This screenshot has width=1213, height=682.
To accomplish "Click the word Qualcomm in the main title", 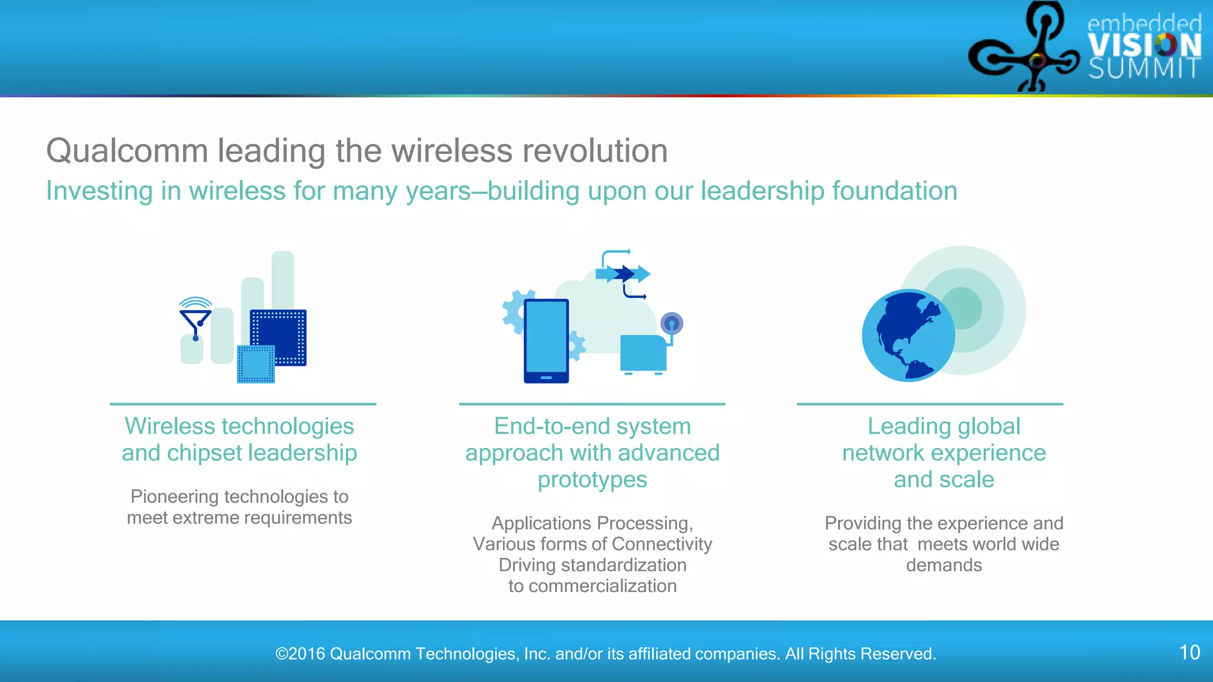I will pyautogui.click(x=127, y=151).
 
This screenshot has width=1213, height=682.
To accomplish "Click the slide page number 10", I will pyautogui.click(x=1189, y=652).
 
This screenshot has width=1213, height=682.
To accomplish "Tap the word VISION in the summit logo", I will pyautogui.click(x=1144, y=46).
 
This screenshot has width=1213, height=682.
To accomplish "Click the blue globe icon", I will pyautogui.click(x=907, y=336).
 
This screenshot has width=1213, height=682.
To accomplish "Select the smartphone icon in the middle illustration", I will pyautogui.click(x=545, y=340).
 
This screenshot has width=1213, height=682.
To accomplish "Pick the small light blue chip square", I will pyautogui.click(x=256, y=364).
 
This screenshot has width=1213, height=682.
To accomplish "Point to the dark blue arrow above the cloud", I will pyautogui.click(x=624, y=274).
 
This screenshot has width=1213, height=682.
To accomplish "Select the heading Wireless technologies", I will pyautogui.click(x=239, y=426).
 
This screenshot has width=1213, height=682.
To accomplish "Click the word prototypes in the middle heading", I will pyautogui.click(x=592, y=480).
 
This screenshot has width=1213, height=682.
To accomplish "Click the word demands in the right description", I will pyautogui.click(x=944, y=565).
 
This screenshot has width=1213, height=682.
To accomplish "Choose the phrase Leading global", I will pyautogui.click(x=944, y=426).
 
